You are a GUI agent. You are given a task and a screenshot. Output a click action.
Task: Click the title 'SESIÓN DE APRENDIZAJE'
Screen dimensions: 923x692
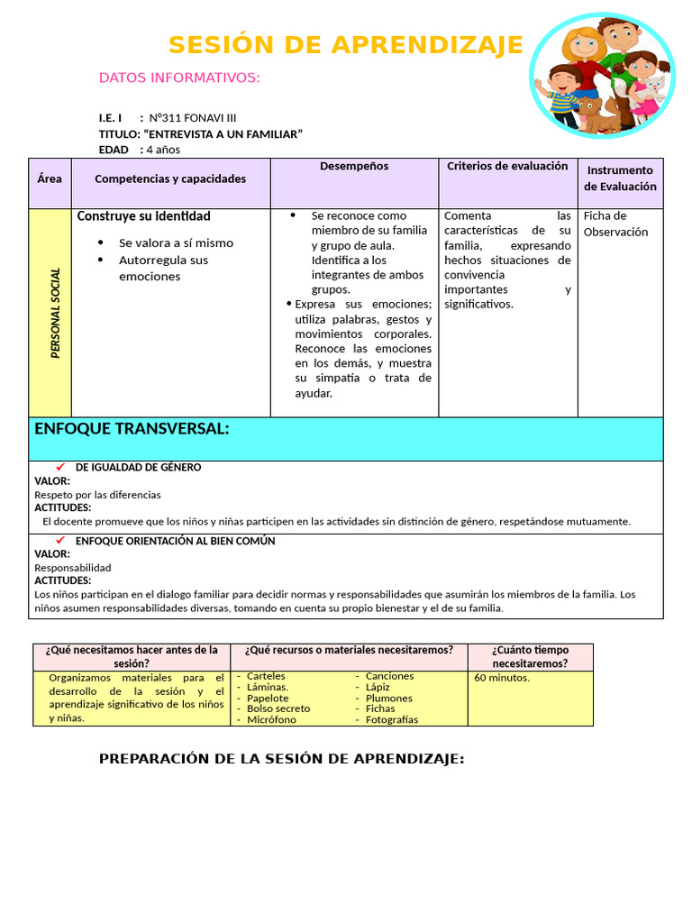click(x=345, y=44)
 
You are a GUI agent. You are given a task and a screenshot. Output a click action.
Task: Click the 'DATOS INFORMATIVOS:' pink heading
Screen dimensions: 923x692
click(x=179, y=78)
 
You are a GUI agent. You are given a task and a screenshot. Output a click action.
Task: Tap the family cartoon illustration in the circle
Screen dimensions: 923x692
click(x=602, y=76)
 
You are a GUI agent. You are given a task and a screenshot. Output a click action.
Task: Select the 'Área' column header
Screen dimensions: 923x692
click(x=50, y=178)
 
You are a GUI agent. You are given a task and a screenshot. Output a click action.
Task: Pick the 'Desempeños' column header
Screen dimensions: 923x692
click(x=354, y=167)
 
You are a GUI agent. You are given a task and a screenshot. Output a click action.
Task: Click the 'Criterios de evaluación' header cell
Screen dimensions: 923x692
click(x=507, y=167)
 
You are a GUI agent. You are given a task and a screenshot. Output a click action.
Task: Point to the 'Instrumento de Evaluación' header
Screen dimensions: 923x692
click(x=620, y=178)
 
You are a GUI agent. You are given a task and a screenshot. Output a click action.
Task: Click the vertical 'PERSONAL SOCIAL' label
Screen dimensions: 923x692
click(x=55, y=313)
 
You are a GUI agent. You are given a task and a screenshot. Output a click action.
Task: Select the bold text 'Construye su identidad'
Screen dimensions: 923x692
click(x=144, y=216)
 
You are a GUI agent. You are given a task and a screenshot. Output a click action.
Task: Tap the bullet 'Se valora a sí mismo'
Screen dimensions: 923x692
click(x=176, y=242)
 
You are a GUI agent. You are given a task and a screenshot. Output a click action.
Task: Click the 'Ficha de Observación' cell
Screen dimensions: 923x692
click(x=615, y=224)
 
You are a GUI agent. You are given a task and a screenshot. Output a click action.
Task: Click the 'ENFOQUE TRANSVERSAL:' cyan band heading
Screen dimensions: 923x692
click(x=132, y=429)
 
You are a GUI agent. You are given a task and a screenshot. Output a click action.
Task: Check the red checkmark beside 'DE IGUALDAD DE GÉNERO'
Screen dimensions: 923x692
click(x=60, y=467)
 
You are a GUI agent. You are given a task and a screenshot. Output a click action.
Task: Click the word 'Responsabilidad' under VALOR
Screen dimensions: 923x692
click(x=73, y=568)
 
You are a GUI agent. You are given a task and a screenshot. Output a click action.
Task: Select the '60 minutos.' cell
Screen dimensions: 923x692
click(x=502, y=678)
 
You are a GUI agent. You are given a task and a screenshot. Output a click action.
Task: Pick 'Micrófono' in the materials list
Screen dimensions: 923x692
click(x=271, y=719)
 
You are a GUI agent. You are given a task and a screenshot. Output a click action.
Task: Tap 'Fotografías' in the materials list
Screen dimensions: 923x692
click(x=392, y=719)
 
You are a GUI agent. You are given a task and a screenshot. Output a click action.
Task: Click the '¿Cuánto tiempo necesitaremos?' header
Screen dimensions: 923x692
click(x=530, y=656)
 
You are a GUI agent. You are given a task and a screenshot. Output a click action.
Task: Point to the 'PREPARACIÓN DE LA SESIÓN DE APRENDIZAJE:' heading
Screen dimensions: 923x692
click(x=281, y=759)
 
